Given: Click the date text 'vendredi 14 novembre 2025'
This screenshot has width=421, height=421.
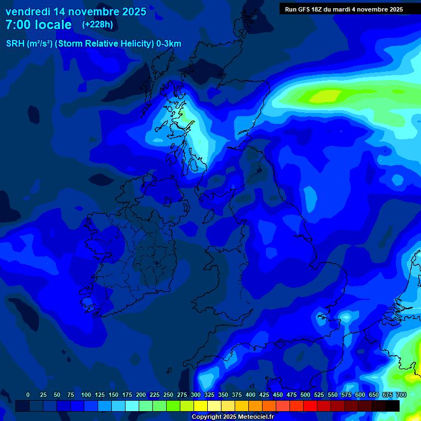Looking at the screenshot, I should (76, 12).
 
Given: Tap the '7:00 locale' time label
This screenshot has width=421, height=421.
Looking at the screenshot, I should (38, 25).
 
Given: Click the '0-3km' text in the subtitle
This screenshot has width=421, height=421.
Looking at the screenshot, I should (168, 44).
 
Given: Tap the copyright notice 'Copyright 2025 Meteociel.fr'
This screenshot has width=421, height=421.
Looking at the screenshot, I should (232, 417).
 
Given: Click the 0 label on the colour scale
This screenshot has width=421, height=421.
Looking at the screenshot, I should (28, 395).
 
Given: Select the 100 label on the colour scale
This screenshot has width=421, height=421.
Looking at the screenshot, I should (86, 395).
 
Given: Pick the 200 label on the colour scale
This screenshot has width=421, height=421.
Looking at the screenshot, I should (141, 395).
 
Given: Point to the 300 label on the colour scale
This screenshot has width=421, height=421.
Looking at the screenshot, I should (196, 395).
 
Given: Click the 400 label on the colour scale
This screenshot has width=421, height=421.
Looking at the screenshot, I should (251, 395).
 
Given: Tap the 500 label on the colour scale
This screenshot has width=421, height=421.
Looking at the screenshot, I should (305, 395).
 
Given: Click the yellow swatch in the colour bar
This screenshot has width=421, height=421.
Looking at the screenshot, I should (201, 406).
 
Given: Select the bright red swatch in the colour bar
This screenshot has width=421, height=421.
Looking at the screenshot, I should (310, 406).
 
